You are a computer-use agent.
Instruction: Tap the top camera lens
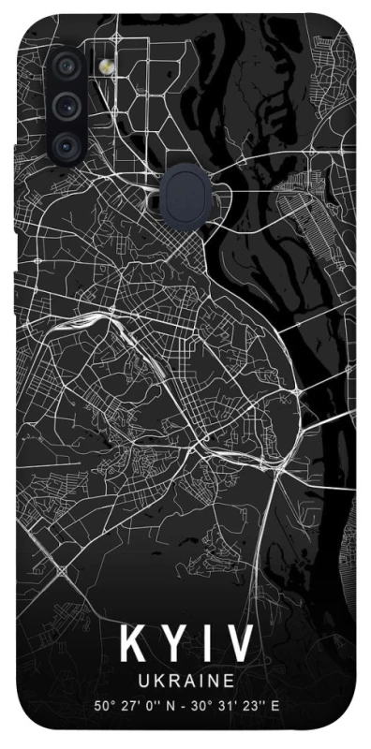65,66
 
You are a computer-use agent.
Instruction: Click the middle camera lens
65,105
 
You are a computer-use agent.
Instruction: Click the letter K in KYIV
130,645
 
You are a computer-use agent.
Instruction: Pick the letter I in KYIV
203,645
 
